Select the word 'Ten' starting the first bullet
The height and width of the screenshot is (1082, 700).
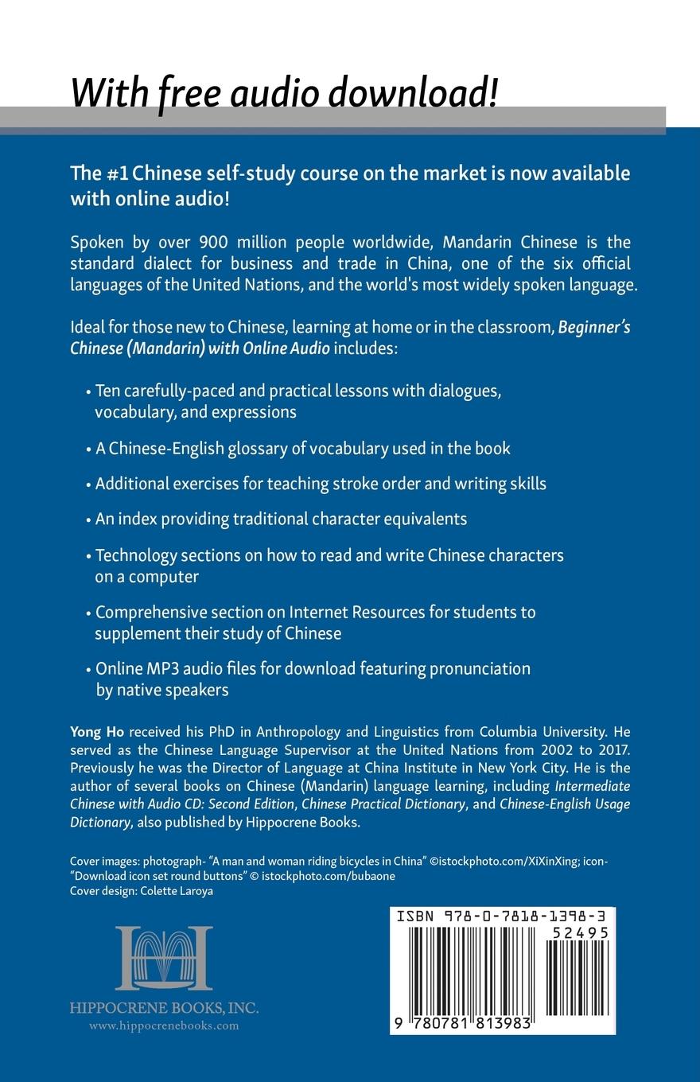coord(108,391)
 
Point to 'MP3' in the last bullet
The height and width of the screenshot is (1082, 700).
coord(160,668)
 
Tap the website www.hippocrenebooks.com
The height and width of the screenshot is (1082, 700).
coord(164,1026)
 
